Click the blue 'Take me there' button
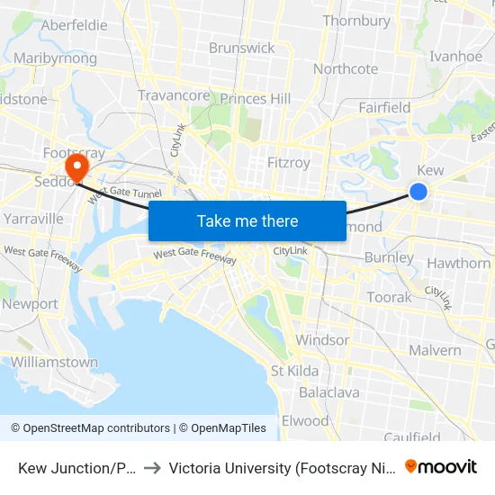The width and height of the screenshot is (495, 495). pos(247,220)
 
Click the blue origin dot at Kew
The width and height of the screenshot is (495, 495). pos(418,191)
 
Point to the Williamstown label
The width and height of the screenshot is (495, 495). pos(54,362)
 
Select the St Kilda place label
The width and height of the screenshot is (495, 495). pos(294,371)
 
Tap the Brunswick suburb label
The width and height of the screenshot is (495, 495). pos(241,48)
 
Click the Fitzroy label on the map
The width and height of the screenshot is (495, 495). pos(289,163)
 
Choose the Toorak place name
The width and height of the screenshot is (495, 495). pos(389,297)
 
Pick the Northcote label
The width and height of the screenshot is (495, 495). pos(346,69)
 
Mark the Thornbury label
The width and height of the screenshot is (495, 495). pos(356,21)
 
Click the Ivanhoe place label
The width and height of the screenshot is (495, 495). pos(456,56)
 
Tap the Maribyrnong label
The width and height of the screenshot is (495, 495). pos(56,58)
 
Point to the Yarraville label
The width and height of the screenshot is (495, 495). pos(32,219)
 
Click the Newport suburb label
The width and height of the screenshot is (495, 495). pos(30,304)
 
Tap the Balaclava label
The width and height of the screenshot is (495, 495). pos(329,392)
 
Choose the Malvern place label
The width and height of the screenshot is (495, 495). pos(435,350)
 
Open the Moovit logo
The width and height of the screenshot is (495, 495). pos(441,466)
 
